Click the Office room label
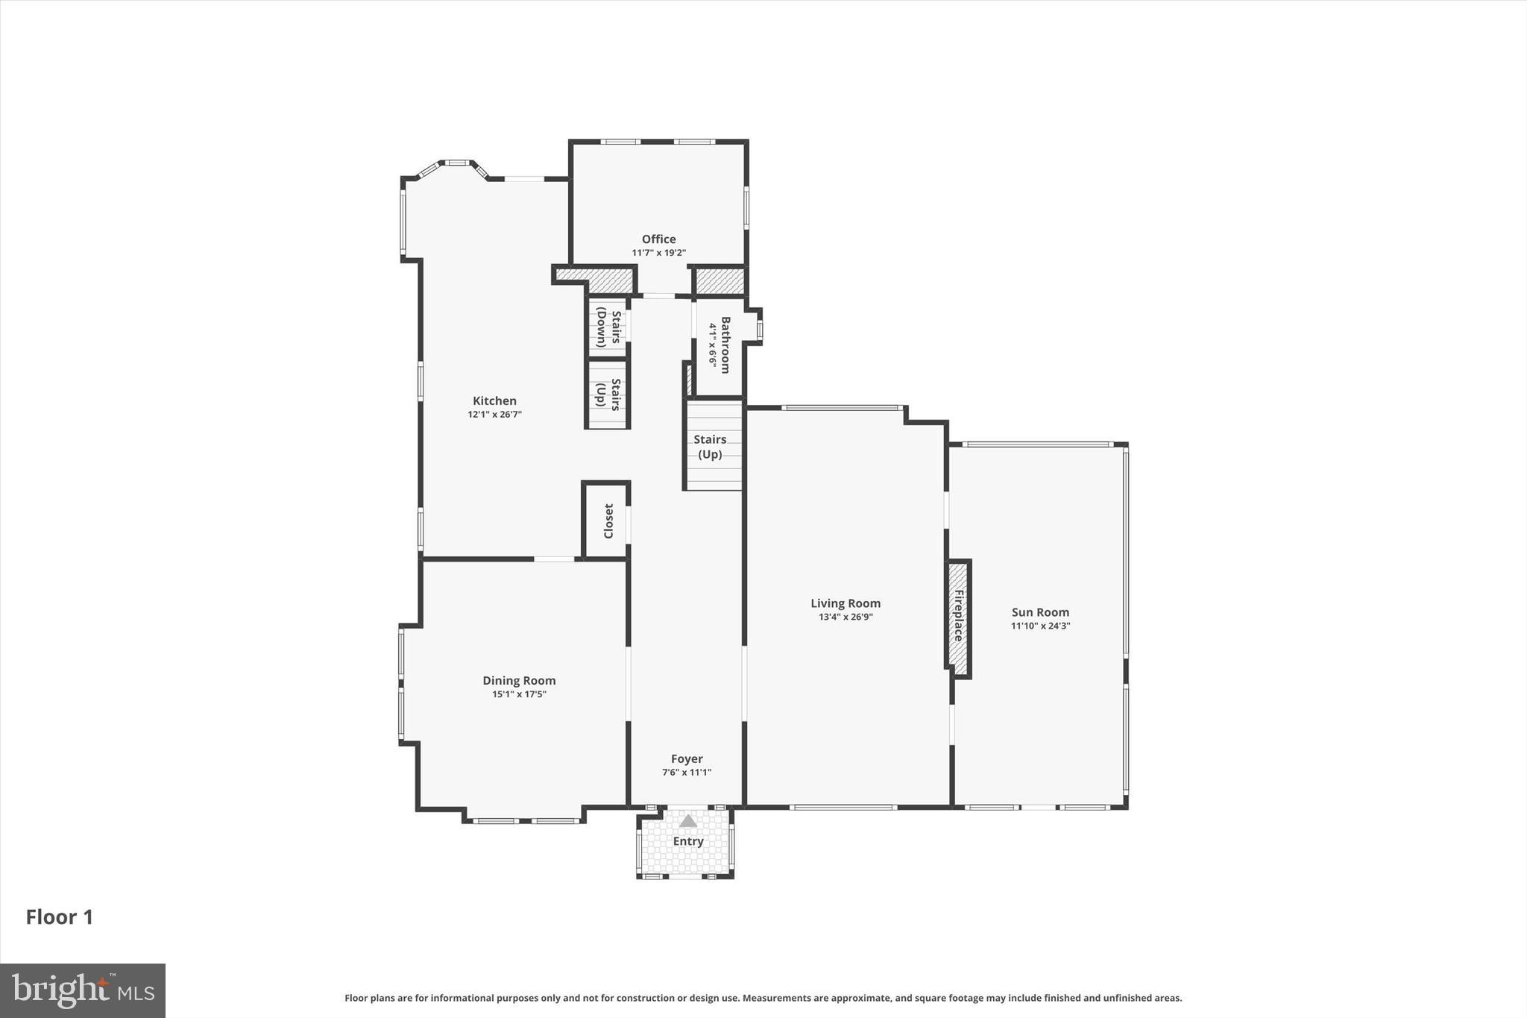point(658,239)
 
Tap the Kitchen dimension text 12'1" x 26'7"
point(494,415)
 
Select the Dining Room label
point(519,680)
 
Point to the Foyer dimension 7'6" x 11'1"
point(687,773)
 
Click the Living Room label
point(846,603)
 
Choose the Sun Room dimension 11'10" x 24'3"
point(1040,626)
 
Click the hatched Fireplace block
point(958,618)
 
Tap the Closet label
point(608,521)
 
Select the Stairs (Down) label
point(608,328)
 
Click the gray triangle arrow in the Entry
point(687,821)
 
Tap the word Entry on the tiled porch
point(687,841)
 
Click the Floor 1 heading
point(60,917)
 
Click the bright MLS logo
point(83,990)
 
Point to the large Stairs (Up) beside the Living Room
point(710,447)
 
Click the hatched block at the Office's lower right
point(720,281)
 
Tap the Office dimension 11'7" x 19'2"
point(658,253)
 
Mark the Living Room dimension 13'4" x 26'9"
point(846,617)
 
